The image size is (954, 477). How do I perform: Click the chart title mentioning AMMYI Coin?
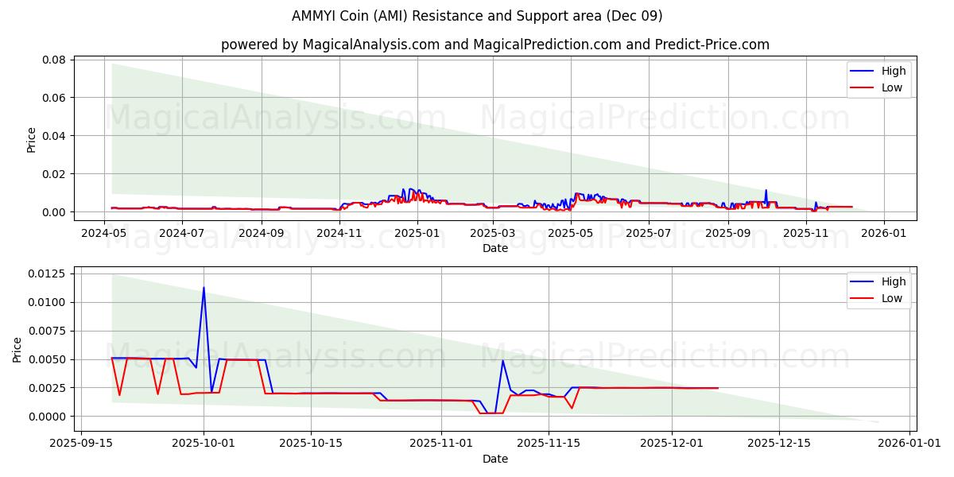(477, 16)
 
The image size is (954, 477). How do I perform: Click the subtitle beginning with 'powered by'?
(494, 45)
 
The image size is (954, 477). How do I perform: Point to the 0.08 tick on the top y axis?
(53, 60)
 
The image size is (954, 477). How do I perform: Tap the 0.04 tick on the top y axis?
(53, 136)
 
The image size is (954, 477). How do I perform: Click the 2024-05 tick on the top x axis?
(104, 234)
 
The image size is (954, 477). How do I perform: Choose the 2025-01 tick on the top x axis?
(417, 234)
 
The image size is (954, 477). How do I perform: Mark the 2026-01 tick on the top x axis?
(884, 234)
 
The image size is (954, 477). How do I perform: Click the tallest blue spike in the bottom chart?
(204, 288)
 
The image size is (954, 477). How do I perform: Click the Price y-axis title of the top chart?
(32, 140)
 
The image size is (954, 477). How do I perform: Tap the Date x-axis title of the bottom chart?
(494, 459)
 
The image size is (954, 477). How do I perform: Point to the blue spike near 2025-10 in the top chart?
(766, 191)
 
